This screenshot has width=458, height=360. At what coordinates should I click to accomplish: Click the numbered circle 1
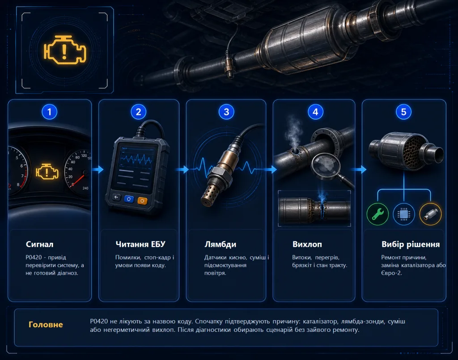[x=49, y=112]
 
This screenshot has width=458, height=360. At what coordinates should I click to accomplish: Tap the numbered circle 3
[x=226, y=112]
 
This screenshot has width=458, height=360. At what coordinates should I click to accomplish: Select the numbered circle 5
[x=404, y=112]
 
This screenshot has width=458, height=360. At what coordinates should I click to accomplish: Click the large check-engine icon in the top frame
[x=65, y=50]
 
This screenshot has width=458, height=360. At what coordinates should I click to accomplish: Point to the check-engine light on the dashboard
[x=47, y=171]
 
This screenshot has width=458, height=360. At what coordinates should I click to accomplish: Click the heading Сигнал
[x=39, y=244]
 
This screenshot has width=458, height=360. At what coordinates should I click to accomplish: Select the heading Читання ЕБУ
[x=140, y=244]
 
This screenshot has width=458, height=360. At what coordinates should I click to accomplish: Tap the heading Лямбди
[x=220, y=244]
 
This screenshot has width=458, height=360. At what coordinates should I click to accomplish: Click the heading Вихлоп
[x=307, y=244]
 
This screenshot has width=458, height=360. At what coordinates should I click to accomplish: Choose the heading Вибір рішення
[x=411, y=244]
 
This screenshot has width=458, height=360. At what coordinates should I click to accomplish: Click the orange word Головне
[x=46, y=324]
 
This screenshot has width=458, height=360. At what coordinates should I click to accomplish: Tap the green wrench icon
[x=377, y=214]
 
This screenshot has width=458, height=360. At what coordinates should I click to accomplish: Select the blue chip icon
[x=404, y=214]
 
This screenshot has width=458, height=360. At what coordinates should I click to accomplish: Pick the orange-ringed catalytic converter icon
[x=430, y=214]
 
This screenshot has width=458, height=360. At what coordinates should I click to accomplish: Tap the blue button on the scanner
[x=129, y=199]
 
